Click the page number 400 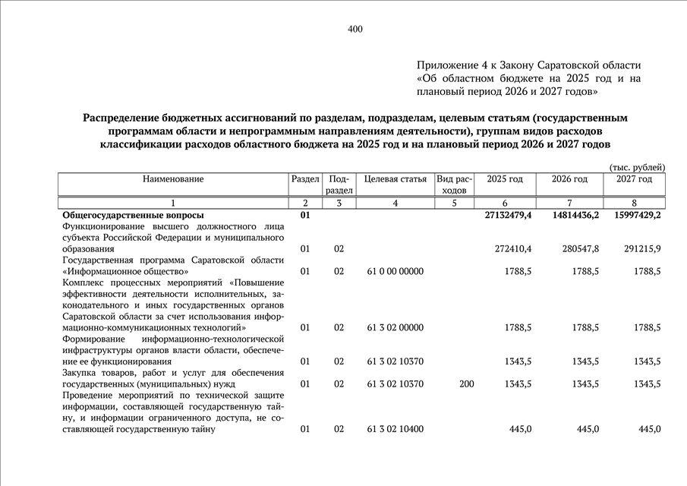355,30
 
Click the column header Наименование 173,179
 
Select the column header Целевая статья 395,179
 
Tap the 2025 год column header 505,179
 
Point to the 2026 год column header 569,179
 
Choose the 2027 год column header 634,179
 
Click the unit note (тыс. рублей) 637,167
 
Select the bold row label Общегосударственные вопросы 134,216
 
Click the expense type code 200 466,384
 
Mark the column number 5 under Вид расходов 455,203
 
